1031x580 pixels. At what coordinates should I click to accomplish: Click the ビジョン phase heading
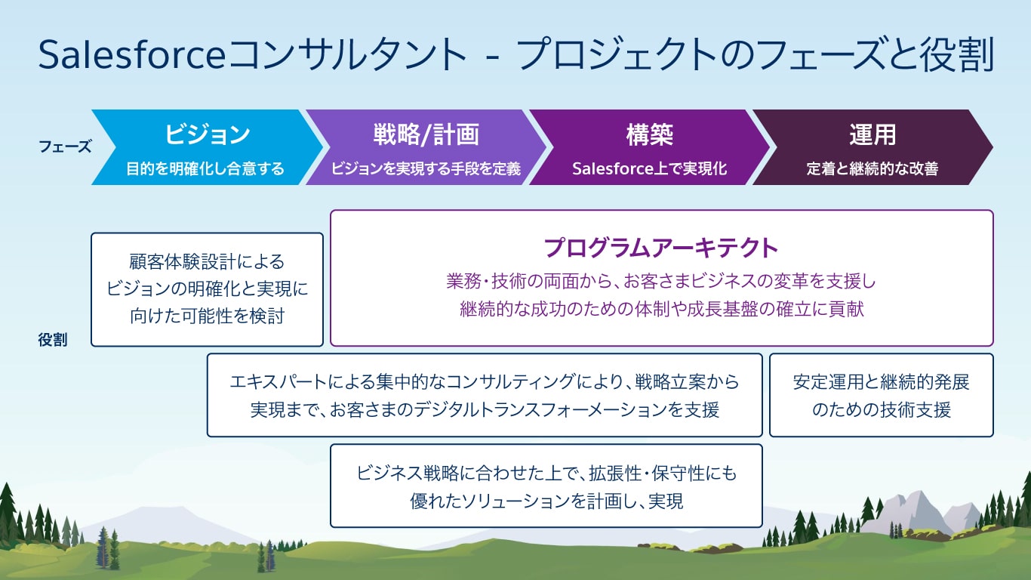pos(207,134)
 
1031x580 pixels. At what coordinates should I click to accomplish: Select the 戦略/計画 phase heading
pos(426,134)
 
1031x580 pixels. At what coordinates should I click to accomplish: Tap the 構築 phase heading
pos(649,134)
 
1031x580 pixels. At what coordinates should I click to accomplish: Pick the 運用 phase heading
pos(872,134)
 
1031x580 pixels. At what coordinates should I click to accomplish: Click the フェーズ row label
pos(64,147)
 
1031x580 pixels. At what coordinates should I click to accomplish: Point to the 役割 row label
pos(53,340)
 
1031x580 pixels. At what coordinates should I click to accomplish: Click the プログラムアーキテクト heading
pos(661,247)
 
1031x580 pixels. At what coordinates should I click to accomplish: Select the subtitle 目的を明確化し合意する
pos(205,169)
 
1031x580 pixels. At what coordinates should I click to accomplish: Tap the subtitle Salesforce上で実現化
pos(649,169)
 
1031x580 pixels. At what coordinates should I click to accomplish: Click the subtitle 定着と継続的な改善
pos(872,169)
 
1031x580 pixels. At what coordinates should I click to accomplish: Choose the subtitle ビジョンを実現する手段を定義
pos(426,169)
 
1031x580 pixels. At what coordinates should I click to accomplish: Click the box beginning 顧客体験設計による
pos(207,289)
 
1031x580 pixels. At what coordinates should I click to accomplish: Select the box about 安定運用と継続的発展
pos(881,395)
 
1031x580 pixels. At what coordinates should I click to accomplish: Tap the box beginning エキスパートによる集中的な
pos(485,395)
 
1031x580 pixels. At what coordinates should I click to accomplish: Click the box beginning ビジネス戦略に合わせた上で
pos(546,486)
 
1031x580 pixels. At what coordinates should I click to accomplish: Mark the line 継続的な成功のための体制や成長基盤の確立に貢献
pos(661,309)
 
